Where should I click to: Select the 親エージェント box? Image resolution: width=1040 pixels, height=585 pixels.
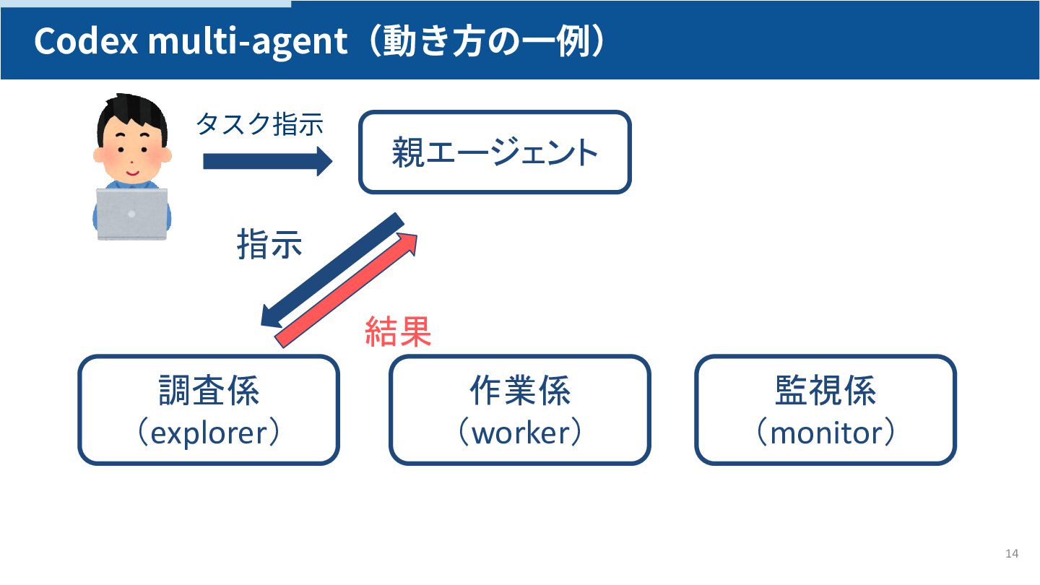click(x=495, y=152)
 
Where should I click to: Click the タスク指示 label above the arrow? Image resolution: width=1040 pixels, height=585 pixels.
click(x=259, y=125)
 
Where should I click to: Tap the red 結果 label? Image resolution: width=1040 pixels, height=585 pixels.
click(x=398, y=332)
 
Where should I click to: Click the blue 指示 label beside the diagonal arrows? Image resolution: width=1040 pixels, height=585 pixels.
click(x=269, y=245)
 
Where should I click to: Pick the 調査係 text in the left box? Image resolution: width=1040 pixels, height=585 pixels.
click(x=209, y=391)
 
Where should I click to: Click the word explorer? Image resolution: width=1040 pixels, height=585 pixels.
click(x=209, y=433)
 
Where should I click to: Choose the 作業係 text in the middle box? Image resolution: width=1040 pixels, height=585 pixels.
click(x=520, y=391)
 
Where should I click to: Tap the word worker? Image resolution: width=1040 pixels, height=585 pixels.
click(x=520, y=433)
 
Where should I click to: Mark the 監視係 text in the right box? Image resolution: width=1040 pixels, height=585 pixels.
click(x=825, y=391)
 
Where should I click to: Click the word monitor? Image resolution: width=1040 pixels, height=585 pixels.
click(x=825, y=433)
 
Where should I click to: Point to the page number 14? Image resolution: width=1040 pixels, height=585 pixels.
click(x=1011, y=554)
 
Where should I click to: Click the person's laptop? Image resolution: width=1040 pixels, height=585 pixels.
click(x=132, y=214)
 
